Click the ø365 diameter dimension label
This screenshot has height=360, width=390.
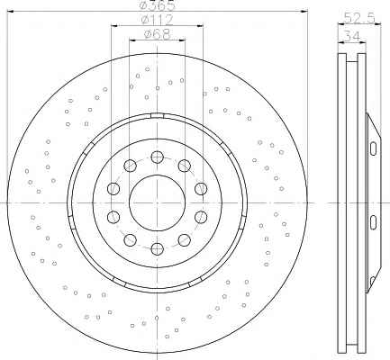158,4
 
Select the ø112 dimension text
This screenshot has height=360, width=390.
158,20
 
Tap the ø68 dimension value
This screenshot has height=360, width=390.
157,33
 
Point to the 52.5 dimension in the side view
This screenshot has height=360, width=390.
359,18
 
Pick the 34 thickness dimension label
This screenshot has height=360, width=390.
352,37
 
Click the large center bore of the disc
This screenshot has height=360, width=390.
157,203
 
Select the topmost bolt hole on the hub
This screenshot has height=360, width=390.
157,157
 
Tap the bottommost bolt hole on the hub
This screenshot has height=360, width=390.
157,248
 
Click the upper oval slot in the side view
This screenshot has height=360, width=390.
373,148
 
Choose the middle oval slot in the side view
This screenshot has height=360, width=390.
373,222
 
